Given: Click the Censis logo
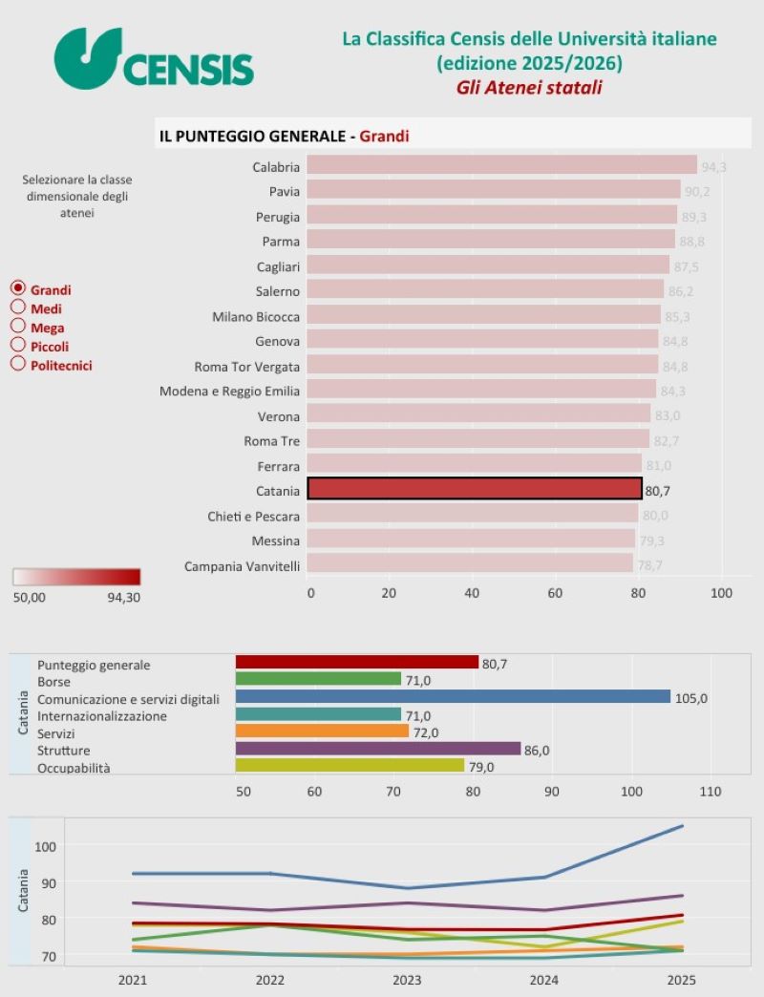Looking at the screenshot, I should click(x=153, y=59).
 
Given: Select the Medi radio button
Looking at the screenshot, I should click(x=17, y=308).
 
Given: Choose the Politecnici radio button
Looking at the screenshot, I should click(x=17, y=364).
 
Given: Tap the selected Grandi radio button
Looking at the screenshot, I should click(x=17, y=288).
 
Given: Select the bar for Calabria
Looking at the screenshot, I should click(x=501, y=166).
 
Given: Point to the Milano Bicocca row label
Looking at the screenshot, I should click(x=256, y=316).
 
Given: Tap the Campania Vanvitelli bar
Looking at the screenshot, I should click(x=470, y=564).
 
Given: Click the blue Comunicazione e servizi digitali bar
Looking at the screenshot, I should click(x=453, y=697).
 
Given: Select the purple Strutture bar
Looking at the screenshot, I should click(x=378, y=749).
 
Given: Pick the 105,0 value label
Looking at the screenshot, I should click(x=691, y=698).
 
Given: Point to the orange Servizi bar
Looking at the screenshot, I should click(x=322, y=732).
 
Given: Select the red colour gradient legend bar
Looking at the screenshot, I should click(x=76, y=577).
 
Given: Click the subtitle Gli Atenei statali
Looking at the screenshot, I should click(x=528, y=88).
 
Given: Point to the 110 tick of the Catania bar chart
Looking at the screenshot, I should click(x=710, y=793).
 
